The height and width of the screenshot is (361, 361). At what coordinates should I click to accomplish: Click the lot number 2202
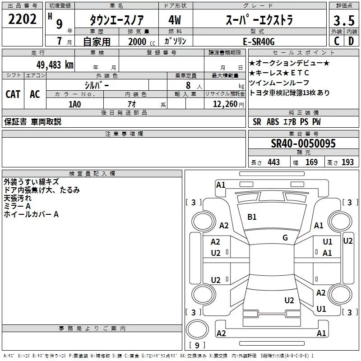coord(22,19)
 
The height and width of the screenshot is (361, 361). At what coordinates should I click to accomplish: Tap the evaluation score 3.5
coord(343,20)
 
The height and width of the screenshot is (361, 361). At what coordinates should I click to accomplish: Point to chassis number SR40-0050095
coord(303,144)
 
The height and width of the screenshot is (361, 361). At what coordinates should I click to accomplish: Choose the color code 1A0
coord(74,104)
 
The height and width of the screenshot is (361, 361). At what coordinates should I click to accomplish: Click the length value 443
coord(273,162)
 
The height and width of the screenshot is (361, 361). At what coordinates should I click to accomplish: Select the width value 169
coord(311,162)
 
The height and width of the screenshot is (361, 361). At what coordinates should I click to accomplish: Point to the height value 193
coord(347,162)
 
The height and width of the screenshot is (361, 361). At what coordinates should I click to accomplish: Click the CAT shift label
coord(13,94)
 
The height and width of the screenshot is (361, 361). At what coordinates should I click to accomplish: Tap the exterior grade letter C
coord(336,41)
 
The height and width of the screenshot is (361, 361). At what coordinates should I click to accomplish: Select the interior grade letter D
coord(351,41)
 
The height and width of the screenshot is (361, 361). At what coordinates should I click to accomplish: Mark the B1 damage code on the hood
coord(252,217)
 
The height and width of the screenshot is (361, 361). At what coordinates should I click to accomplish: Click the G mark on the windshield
coord(285,237)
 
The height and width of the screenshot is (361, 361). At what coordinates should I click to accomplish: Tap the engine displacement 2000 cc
coord(137,42)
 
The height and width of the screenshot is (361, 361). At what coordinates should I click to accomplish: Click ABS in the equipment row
coord(273,121)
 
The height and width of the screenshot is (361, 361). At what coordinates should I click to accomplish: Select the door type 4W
coord(174,20)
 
